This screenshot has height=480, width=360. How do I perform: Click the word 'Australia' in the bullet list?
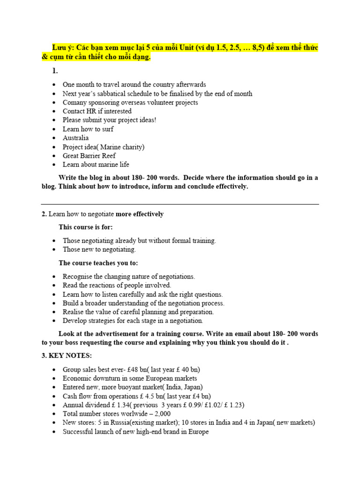pyautogui.click(x=75, y=138)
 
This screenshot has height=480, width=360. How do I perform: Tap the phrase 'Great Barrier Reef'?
pyautogui.click(x=89, y=156)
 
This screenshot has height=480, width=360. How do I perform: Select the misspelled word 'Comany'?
pyautogui.click(x=75, y=102)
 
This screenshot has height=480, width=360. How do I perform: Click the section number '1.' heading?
pyautogui.click(x=55, y=71)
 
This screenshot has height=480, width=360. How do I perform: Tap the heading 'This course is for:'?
pyautogui.click(x=86, y=227)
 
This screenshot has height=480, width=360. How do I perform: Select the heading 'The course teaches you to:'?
pyautogui.click(x=98, y=263)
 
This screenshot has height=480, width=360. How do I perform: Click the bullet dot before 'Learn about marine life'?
pyautogui.click(x=55, y=165)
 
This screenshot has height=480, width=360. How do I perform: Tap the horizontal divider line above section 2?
pyautogui.click(x=180, y=204)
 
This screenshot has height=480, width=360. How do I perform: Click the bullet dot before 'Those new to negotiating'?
pyautogui.click(x=55, y=250)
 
